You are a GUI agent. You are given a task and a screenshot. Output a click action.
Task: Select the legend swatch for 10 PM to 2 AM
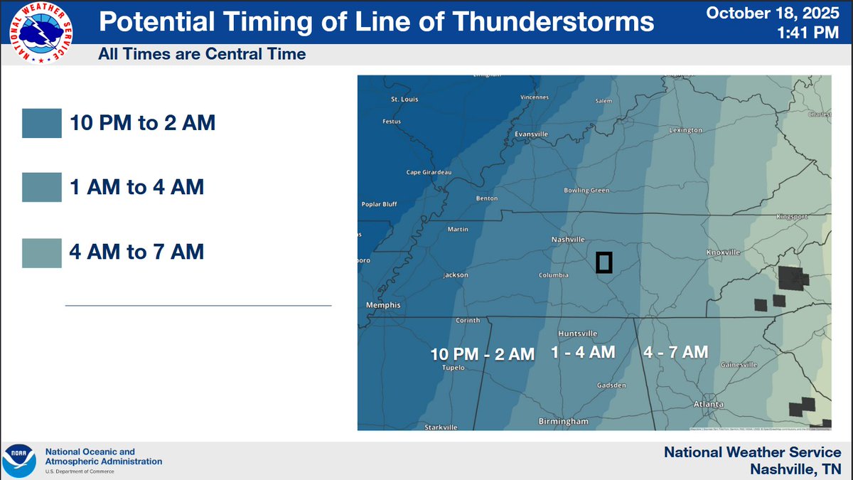coord(43,123)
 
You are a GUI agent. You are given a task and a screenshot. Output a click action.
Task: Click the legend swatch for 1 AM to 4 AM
coord(43,187)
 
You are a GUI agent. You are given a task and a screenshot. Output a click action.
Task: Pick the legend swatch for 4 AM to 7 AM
coord(43,251)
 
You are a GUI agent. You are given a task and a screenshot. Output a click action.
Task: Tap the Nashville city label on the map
coord(568,239)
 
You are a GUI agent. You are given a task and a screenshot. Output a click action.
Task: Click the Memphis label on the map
coord(384,305)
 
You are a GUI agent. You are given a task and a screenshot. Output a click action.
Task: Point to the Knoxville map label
coord(724,252)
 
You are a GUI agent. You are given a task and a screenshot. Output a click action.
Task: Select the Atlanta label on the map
coord(708,404)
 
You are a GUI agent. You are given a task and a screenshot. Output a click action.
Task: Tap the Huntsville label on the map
coord(578,334)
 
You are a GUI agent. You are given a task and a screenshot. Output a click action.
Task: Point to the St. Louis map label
coord(405,100)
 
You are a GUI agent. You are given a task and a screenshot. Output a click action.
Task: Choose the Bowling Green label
coord(586,191)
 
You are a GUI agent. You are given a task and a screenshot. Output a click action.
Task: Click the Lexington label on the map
coord(686,131)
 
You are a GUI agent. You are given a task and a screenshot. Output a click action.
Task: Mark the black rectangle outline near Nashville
coord(604,262)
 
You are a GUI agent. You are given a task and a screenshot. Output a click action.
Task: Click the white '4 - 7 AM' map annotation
coord(675,352)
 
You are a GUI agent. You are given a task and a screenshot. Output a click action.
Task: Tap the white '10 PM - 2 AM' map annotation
coord(483,354)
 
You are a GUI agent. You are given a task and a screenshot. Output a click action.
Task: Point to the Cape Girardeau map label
coord(429,172)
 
